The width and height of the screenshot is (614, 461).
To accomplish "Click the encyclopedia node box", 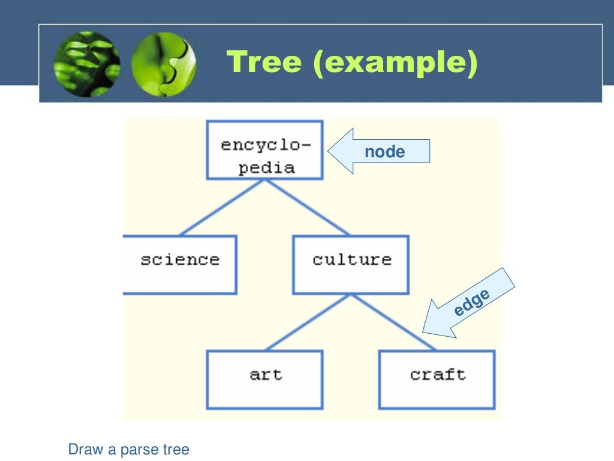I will [264, 150].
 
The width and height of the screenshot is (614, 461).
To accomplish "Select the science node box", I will [180, 265].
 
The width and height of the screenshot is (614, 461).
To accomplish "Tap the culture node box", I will [351, 265].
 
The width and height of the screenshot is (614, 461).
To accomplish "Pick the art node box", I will [264, 379].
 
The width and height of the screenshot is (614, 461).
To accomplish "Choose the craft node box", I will [437, 379].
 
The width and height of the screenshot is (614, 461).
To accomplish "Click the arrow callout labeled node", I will [379, 151].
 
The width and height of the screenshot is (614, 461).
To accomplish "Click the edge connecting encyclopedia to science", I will [222, 207].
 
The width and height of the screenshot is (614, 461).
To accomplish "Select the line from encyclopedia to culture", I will [307, 207].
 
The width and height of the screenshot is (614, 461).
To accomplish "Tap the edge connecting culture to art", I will [309, 322].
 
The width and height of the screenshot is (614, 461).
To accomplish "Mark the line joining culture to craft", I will [394, 322].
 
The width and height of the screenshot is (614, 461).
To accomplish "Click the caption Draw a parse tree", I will [129, 449].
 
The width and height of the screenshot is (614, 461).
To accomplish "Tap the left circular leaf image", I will [86, 64].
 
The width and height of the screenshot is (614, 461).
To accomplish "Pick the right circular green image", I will [163, 64].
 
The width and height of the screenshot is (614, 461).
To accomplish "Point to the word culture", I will [352, 260].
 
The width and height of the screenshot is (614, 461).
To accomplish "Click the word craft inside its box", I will [438, 375].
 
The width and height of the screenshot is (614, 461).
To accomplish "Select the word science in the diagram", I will [180, 260].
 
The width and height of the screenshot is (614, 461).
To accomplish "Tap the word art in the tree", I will [266, 375].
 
